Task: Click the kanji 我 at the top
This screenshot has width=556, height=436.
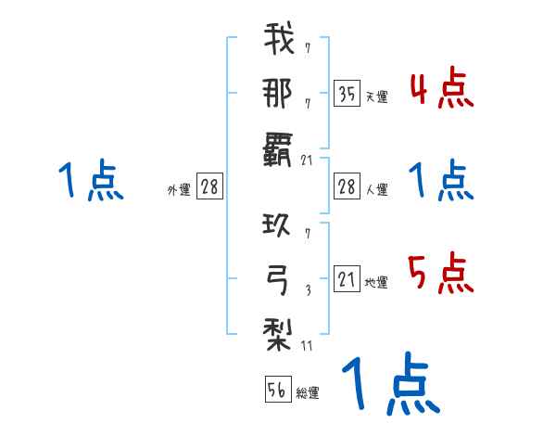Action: point(279,42)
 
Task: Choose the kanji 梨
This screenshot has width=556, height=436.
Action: point(279,329)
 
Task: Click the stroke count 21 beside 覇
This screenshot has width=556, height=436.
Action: point(309,160)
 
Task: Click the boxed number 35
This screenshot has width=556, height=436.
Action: point(346,95)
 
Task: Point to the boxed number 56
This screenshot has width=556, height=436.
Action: point(276,391)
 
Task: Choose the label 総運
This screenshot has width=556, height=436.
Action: point(308,393)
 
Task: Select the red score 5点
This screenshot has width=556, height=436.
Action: point(441,273)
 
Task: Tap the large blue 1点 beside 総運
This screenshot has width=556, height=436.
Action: point(389,384)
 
